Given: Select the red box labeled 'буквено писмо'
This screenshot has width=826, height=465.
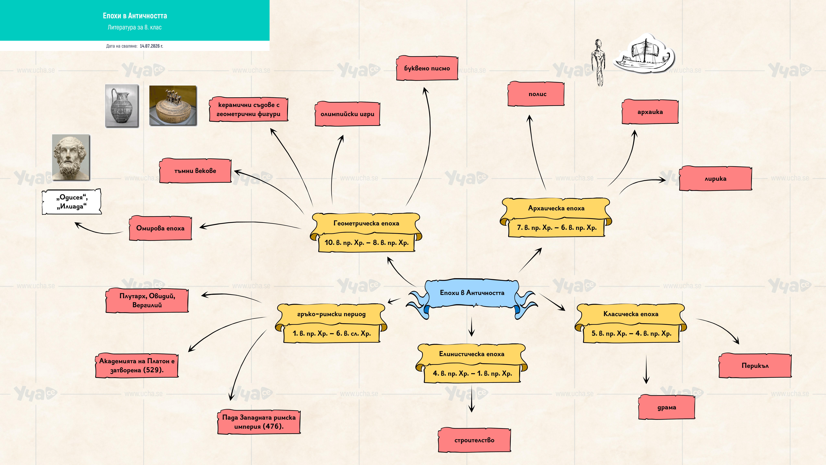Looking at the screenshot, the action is click(x=427, y=68).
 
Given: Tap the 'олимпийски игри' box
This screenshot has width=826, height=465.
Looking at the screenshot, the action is click(x=347, y=114).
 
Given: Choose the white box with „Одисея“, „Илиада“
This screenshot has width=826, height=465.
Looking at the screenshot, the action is click(x=72, y=202).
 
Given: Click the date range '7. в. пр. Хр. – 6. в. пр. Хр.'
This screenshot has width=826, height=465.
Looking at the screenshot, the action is click(x=557, y=228).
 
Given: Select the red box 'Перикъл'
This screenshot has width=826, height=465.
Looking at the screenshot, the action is click(x=755, y=366).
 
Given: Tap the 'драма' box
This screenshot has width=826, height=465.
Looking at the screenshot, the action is click(x=667, y=407).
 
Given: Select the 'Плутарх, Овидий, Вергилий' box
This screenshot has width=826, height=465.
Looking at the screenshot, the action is click(x=147, y=300).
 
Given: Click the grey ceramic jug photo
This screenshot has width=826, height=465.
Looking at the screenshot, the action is click(x=122, y=106).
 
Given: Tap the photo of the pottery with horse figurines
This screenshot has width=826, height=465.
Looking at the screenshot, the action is click(x=173, y=105).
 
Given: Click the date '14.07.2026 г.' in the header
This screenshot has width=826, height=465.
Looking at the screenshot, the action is click(x=151, y=46).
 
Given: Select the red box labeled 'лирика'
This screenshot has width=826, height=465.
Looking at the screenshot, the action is click(x=715, y=178).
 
